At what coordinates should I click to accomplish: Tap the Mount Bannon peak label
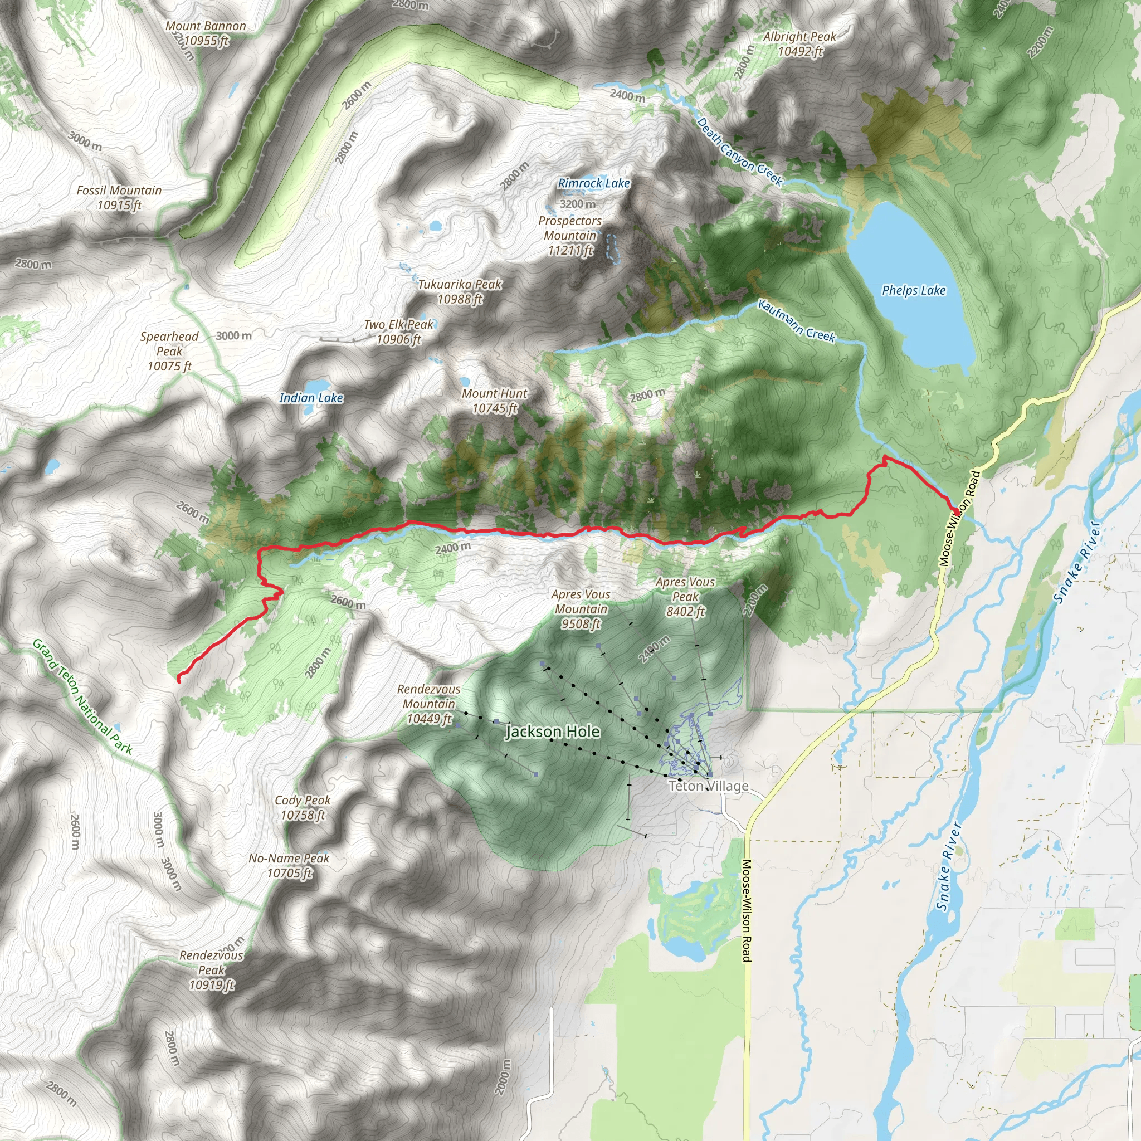pos(206,33)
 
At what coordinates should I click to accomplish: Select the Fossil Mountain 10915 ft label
pos(119,197)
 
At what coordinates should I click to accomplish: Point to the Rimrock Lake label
pos(593,183)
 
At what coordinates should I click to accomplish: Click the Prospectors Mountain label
pos(570,235)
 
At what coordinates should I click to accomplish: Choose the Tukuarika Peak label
pos(460,291)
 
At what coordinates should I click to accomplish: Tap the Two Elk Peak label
pos(399,331)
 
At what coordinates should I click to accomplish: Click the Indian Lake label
pos(311,397)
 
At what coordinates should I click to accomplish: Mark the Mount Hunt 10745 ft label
pos(494,401)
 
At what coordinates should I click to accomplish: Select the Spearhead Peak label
pos(169,351)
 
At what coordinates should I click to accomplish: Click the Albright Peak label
pos(799,43)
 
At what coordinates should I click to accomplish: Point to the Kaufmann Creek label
pos(796,321)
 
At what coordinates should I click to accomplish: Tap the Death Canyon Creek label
pos(740,152)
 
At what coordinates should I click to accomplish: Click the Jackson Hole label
pos(553,731)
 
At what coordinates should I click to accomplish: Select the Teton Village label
pos(708,786)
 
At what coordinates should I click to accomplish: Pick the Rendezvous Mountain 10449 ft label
pos(429,704)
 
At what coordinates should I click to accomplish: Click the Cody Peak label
pos(303,807)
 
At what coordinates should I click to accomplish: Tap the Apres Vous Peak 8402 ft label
pos(685,597)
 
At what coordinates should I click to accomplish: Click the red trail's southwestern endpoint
pos(179,681)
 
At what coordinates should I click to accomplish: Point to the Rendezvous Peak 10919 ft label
pos(211,970)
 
